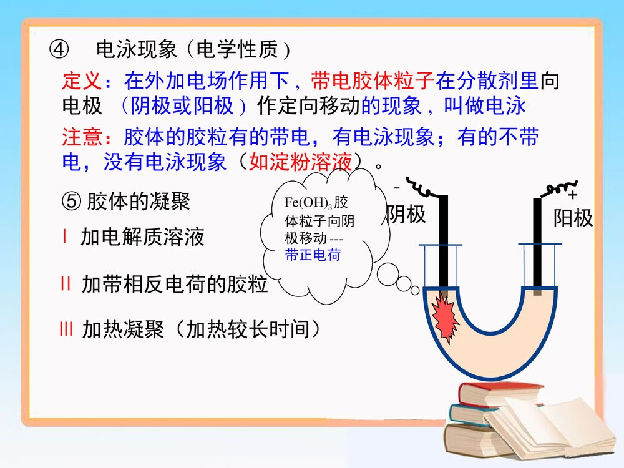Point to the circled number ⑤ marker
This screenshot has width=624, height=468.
(71, 202)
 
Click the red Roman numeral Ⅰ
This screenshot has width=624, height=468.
(65, 236)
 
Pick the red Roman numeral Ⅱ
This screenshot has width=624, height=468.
(66, 284)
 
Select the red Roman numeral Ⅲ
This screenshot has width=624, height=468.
(66, 329)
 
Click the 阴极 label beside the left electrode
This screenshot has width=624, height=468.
(406, 214)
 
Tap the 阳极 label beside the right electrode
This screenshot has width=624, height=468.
(573, 218)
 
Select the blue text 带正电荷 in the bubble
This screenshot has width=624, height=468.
(313, 255)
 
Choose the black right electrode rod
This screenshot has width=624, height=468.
(537, 243)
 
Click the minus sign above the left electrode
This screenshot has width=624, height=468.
(396, 188)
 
